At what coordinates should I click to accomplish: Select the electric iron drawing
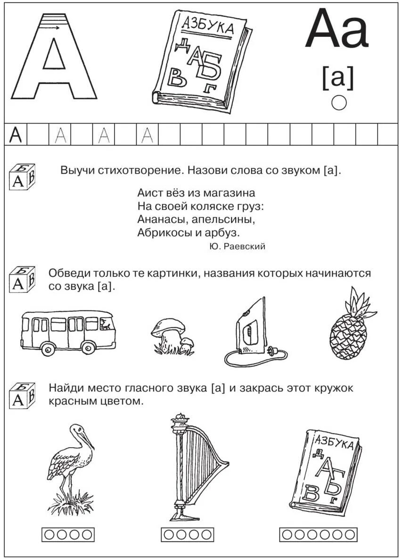(x=250, y=330)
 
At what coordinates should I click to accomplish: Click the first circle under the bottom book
(x=287, y=534)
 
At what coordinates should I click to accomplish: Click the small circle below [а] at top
(x=338, y=102)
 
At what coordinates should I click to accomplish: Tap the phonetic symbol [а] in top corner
(x=337, y=77)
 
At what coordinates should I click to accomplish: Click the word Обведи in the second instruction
(x=66, y=273)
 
